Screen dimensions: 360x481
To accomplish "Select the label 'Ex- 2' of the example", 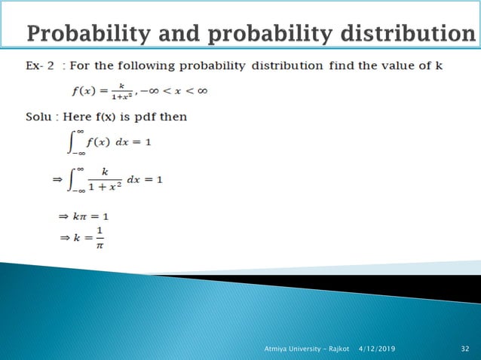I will pos(35,66).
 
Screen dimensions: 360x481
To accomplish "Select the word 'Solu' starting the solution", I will pos(35,117).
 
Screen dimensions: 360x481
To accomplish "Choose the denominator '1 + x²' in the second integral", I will pos(106,186).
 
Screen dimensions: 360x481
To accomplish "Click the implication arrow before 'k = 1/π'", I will pos(63,238).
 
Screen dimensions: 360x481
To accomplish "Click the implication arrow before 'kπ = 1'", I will pos(63,216).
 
